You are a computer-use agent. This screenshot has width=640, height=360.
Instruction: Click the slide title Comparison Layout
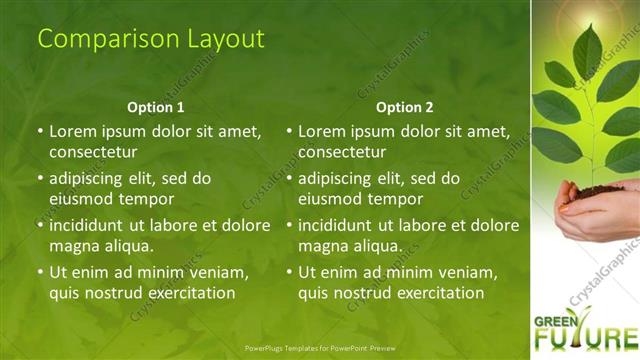(x=151, y=39)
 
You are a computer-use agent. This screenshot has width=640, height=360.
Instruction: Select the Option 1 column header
(x=156, y=107)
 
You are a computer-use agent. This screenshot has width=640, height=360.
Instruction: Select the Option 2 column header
(x=405, y=107)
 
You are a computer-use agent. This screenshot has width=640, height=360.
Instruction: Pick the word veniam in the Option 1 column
(x=218, y=272)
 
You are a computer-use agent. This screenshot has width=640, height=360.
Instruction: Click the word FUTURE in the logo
(x=590, y=339)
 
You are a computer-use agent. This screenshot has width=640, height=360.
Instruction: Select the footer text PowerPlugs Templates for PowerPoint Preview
(x=319, y=349)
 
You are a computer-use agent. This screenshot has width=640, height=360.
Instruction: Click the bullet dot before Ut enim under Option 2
(x=289, y=272)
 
